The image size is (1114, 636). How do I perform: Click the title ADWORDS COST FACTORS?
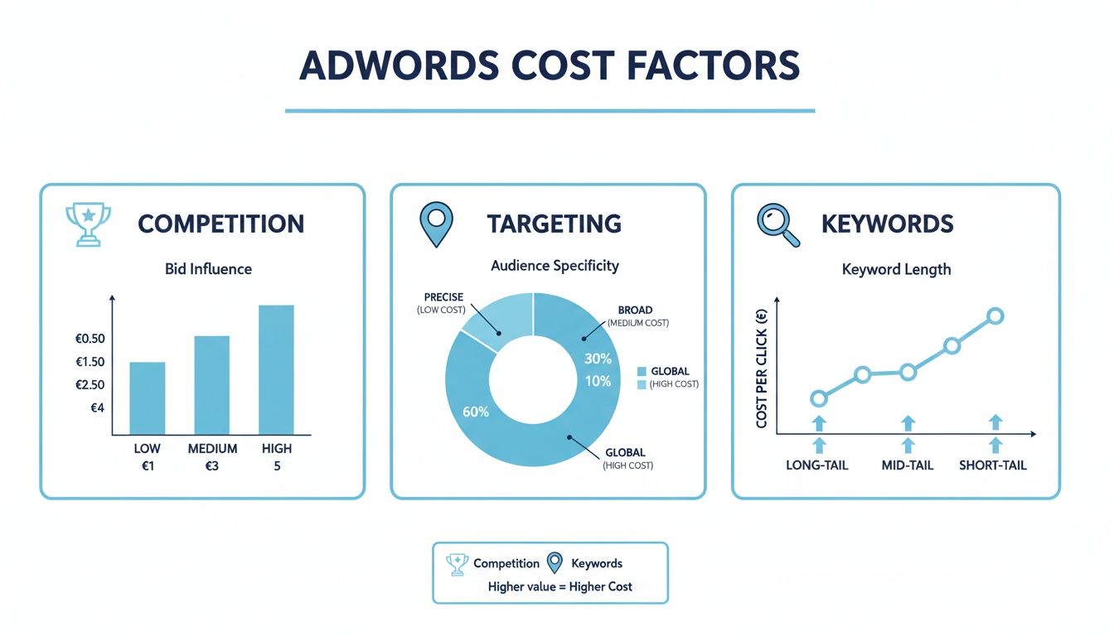pyautogui.click(x=550, y=66)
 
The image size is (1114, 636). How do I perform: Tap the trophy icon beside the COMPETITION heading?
pyautogui.click(x=87, y=224)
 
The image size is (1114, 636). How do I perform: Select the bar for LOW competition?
pyautogui.click(x=148, y=398)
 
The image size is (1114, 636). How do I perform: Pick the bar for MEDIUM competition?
pyautogui.click(x=212, y=385)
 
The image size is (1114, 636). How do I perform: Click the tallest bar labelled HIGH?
pyautogui.click(x=277, y=369)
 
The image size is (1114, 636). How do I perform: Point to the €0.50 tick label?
pyautogui.click(x=90, y=339)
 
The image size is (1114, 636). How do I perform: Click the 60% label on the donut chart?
pyautogui.click(x=477, y=412)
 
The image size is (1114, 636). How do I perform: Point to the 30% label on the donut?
pyautogui.click(x=598, y=359)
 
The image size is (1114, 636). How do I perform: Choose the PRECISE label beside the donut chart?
pyautogui.click(x=443, y=297)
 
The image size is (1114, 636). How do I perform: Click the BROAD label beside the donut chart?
pyautogui.click(x=635, y=310)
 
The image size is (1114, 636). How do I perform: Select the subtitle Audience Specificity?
pyautogui.click(x=555, y=266)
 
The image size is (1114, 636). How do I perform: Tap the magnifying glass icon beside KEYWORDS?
pyautogui.click(x=779, y=224)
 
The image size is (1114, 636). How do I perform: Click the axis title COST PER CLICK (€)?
pyautogui.click(x=762, y=369)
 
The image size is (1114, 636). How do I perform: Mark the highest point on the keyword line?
pyautogui.click(x=995, y=316)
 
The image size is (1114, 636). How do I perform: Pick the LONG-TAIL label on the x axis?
pyautogui.click(x=817, y=465)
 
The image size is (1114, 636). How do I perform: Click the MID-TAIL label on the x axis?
pyautogui.click(x=908, y=465)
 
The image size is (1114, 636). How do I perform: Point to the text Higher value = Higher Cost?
pyautogui.click(x=560, y=586)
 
